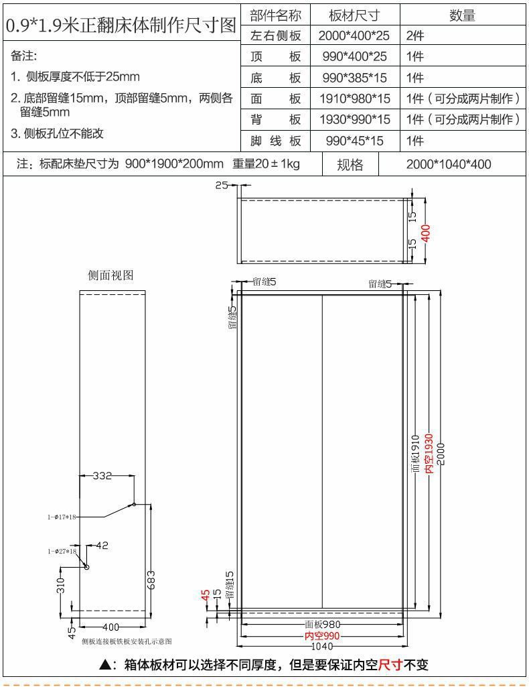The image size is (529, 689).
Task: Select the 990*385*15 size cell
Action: [353, 78]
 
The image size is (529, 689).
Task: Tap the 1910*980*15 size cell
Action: [354, 99]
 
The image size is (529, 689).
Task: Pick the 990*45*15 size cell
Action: [354, 141]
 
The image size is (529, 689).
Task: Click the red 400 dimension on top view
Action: [426, 232]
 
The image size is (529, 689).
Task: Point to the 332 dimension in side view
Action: [102, 476]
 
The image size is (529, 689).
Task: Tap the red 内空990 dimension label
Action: [322, 636]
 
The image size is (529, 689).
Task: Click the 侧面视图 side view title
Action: [111, 275]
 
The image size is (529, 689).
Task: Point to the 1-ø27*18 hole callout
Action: [62, 551]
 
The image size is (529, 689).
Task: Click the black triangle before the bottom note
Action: [105, 665]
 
